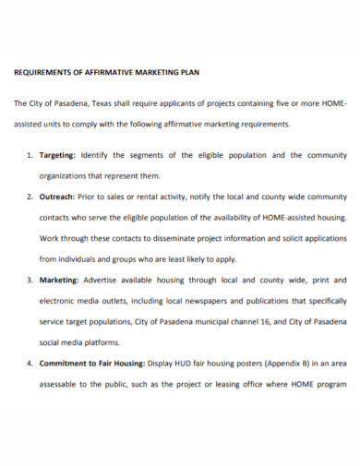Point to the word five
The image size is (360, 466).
point(282,103)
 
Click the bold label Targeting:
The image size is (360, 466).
point(58,154)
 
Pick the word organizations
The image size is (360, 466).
point(66,175)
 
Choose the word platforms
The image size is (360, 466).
point(109,341)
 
